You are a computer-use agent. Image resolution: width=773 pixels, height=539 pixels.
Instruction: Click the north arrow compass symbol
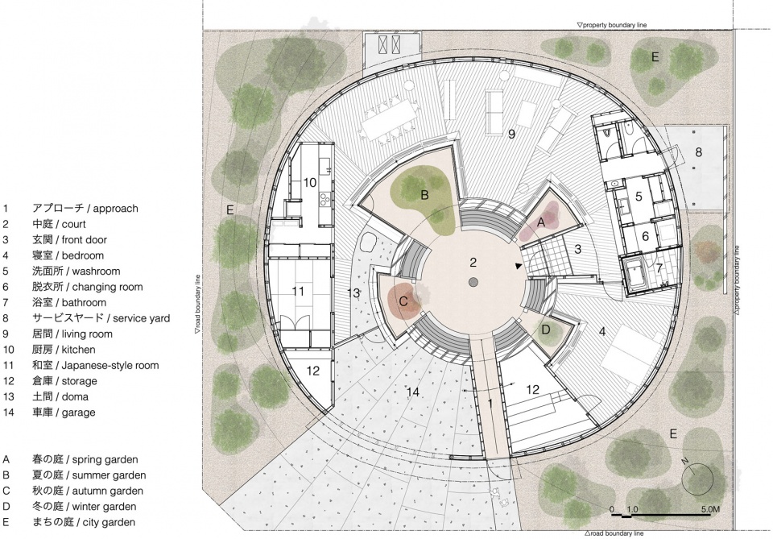[697, 479]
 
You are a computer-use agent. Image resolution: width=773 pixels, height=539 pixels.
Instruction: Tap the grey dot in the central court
[473, 282]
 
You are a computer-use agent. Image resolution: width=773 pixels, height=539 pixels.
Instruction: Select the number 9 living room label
[512, 134]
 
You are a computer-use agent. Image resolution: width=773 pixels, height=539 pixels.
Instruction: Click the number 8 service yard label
[699, 152]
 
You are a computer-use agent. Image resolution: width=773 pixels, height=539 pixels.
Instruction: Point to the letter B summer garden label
[424, 195]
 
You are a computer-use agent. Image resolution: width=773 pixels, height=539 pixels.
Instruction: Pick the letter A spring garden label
[541, 222]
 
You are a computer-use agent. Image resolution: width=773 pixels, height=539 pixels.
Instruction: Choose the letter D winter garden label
[546, 330]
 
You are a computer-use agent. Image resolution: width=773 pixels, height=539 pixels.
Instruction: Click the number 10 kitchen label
[309, 183]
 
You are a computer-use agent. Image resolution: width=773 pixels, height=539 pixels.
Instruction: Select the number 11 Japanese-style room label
[298, 292]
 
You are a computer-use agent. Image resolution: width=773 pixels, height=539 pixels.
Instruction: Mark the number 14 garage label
[413, 392]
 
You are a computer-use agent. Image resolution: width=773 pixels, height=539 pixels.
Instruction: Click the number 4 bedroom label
[602, 331]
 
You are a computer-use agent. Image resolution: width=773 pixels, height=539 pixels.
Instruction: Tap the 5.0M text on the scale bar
[710, 509]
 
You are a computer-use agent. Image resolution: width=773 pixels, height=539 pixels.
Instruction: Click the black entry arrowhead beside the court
[518, 267]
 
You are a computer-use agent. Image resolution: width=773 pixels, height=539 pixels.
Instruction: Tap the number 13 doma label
[353, 293]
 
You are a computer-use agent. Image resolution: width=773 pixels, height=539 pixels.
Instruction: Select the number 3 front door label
[578, 249]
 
